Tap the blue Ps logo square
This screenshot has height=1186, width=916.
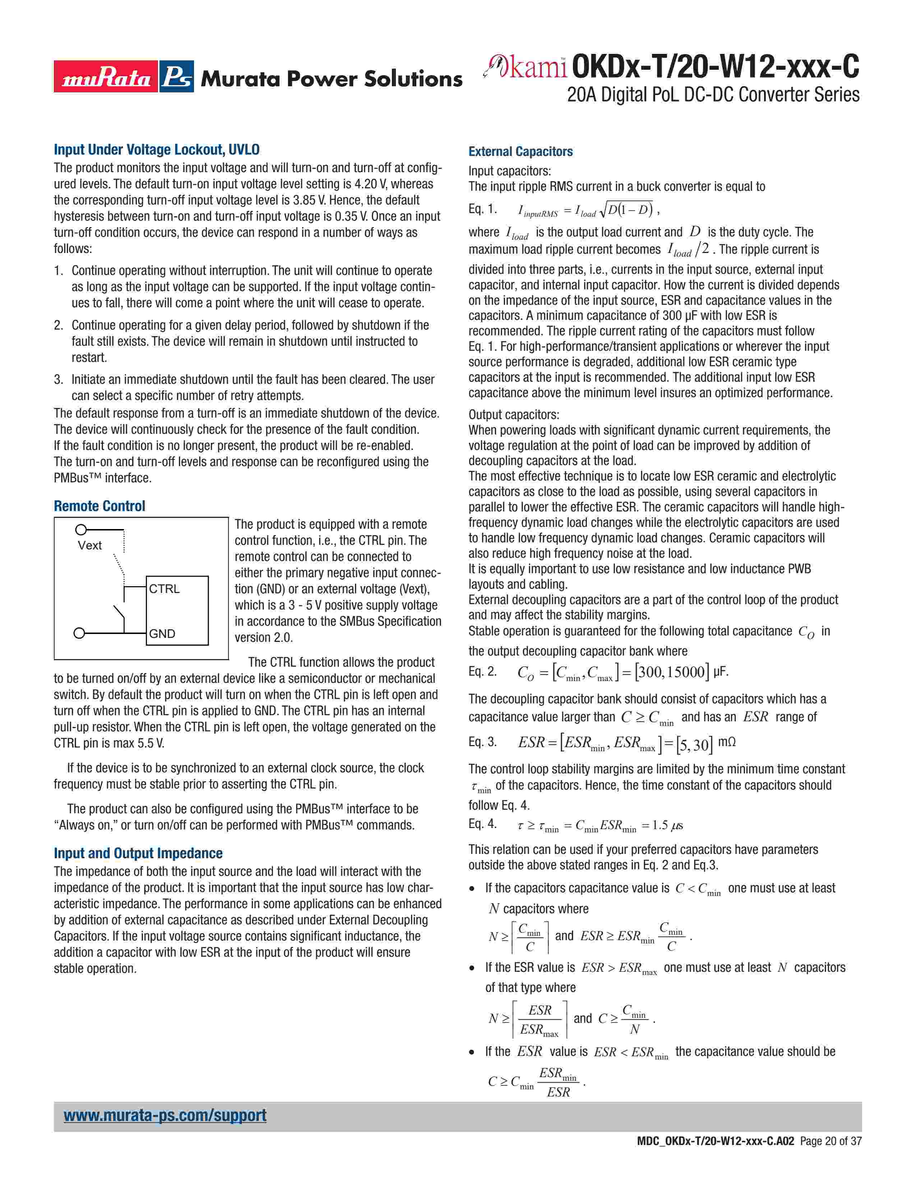176,77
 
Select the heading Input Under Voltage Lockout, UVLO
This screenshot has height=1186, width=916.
156,150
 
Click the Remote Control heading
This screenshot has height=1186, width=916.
99,506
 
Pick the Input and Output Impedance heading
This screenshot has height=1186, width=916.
138,853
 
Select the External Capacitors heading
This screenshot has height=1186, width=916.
521,152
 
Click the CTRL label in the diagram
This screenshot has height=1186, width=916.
164,589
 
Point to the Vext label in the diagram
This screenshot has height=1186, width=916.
89,545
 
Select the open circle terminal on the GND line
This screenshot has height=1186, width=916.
79,633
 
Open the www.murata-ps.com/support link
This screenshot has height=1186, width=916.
165,1116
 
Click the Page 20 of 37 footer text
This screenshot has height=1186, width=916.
830,1156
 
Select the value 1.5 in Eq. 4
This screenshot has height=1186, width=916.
660,826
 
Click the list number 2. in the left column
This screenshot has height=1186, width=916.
59,325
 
